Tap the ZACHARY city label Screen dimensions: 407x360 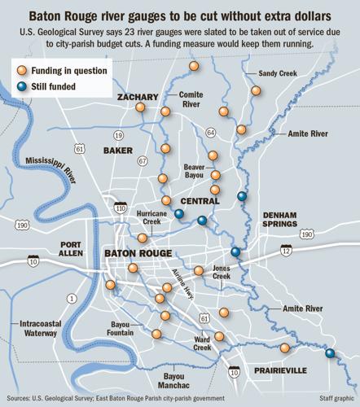(137, 97)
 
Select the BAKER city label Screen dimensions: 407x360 (117, 151)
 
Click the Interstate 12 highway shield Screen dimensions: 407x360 (286, 252)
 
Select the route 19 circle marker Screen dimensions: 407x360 (119, 135)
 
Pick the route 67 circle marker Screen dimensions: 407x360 (143, 161)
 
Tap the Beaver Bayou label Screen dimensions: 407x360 (194, 171)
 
